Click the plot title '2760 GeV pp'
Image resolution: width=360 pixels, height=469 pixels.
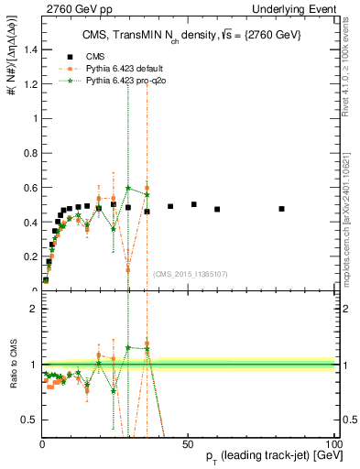pyautogui.click(x=72, y=9)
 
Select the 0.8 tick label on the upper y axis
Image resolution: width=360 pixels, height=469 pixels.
pyautogui.click(x=29, y=153)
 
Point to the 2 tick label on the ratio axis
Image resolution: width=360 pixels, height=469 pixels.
pyautogui.click(x=33, y=309)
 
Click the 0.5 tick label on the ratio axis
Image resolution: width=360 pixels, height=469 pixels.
pyautogui.click(x=29, y=419)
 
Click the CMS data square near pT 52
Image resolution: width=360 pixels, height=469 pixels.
pyautogui.click(x=193, y=204)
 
